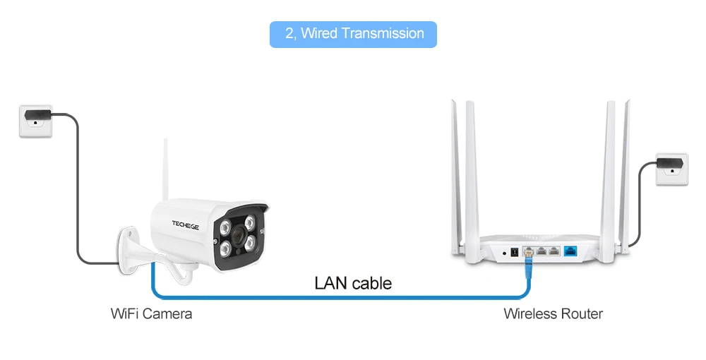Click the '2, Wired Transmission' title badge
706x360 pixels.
353,34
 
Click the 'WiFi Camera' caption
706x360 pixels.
151,313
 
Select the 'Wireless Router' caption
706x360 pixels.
553,313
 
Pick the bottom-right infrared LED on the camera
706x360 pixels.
251,244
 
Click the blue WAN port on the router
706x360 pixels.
570,251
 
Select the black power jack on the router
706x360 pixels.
515,252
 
